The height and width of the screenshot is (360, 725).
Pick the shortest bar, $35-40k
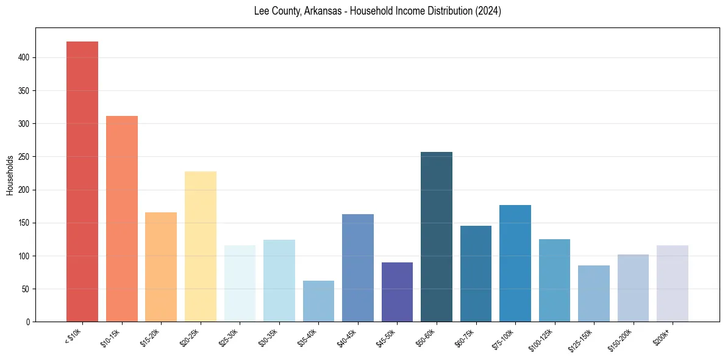318,301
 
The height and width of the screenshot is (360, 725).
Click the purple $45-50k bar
397,292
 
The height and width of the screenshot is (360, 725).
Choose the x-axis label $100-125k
542,339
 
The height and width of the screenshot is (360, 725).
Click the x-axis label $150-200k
621,339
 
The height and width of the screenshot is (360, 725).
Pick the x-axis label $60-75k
465,337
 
